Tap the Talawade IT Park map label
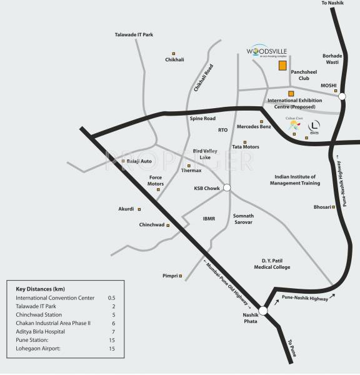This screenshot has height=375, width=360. coord(134,35)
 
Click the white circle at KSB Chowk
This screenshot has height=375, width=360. coord(227,187)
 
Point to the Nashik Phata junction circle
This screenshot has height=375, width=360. coord(263,311)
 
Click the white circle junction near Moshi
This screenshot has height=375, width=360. coord(342,96)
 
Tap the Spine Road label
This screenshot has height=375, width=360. coord(202,118)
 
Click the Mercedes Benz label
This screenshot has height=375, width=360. coord(254,127)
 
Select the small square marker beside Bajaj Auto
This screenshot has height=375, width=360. coord(122,162)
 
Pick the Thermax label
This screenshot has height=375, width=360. coord(191,170)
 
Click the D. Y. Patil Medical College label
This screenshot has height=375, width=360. coord(276,262)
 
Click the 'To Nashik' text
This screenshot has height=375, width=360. coord(333,4)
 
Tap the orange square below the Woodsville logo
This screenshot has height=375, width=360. coord(283,65)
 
